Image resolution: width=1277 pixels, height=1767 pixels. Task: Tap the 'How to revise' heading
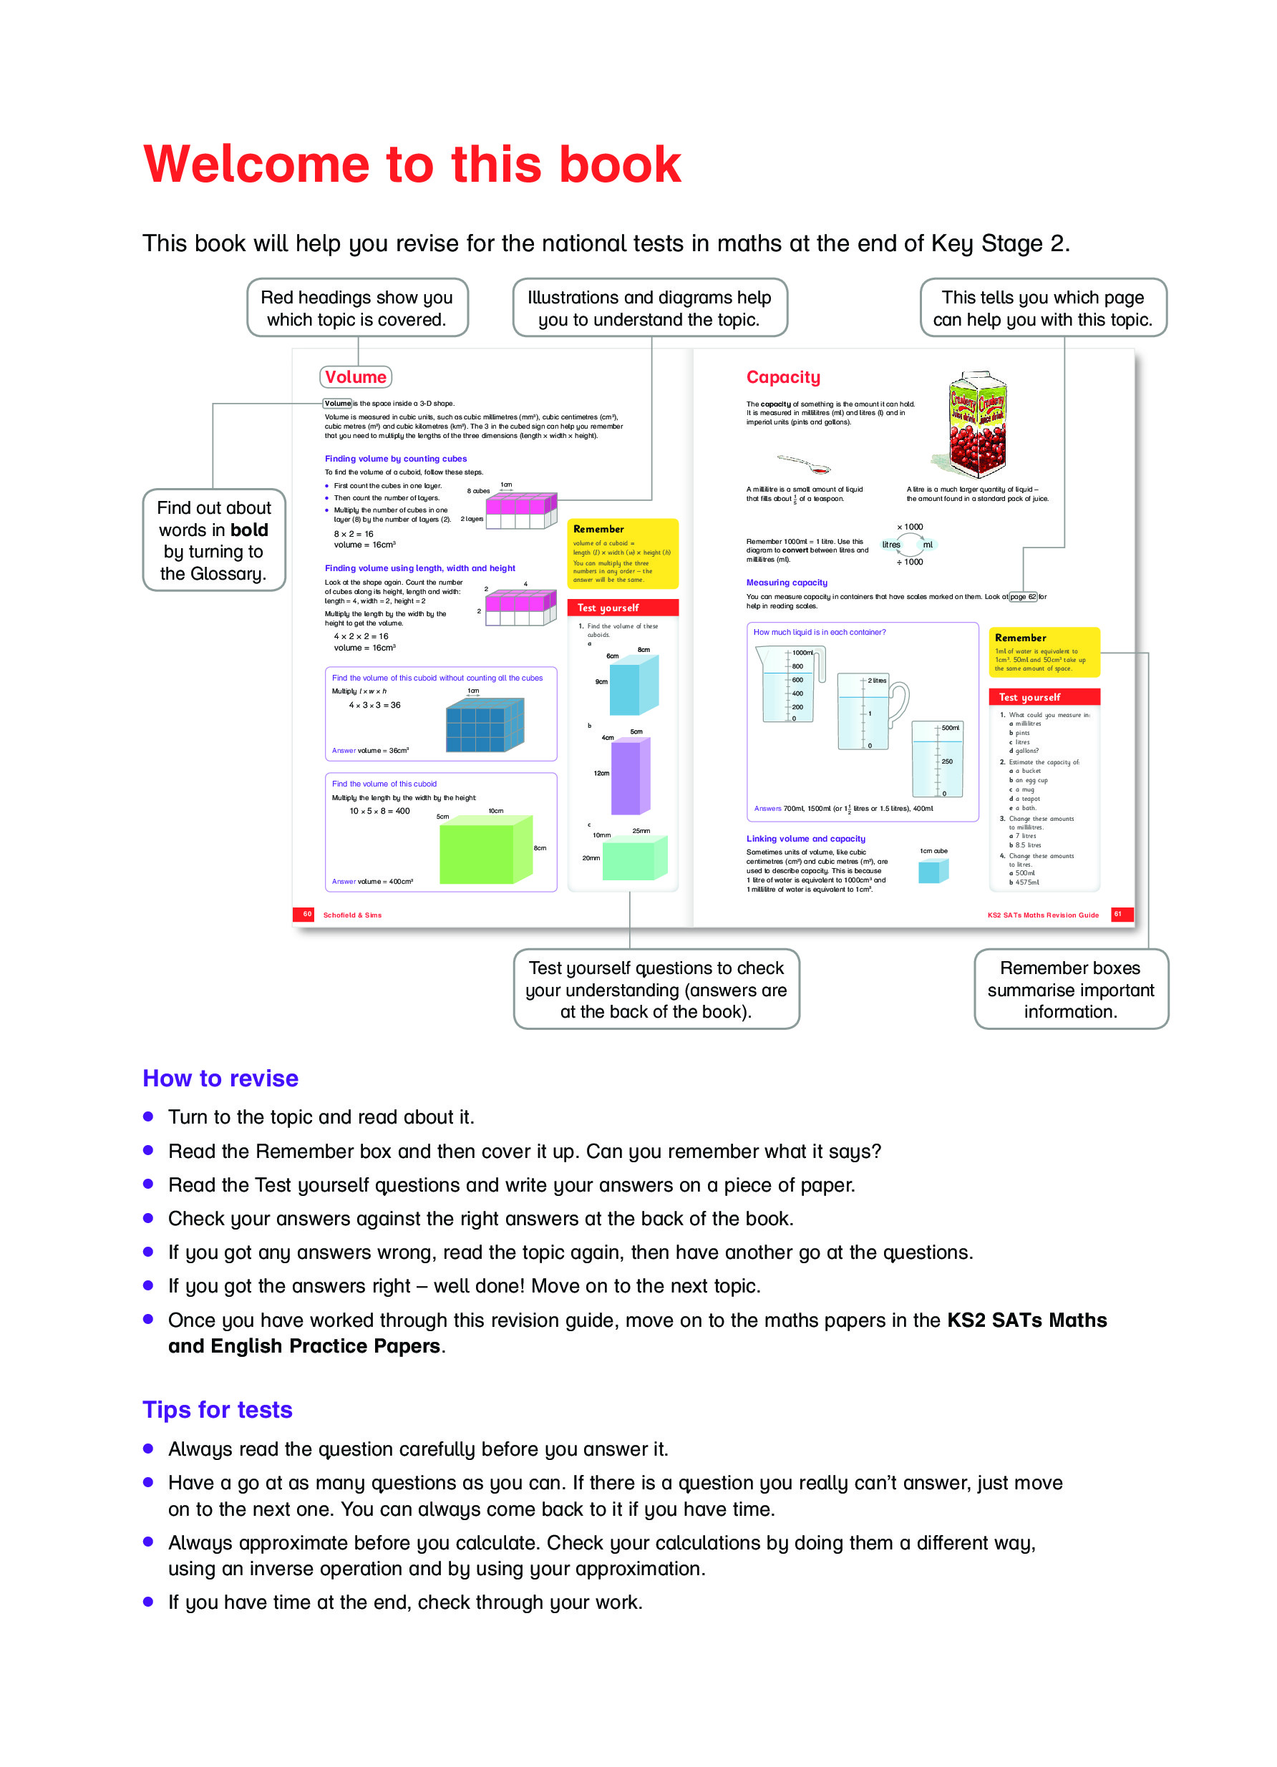pyautogui.click(x=220, y=1078)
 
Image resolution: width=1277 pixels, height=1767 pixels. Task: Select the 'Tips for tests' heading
pyautogui.click(x=218, y=1409)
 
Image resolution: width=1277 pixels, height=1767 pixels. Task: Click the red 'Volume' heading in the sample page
pyautogui.click(x=355, y=377)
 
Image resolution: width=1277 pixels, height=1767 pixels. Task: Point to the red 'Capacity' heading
pyautogui.click(x=782, y=377)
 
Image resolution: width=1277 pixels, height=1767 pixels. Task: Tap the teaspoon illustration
pyautogui.click(x=803, y=464)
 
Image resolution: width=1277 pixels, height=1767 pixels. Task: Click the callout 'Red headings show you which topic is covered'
pyautogui.click(x=357, y=308)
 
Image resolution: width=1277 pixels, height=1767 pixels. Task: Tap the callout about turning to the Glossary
pyautogui.click(x=213, y=540)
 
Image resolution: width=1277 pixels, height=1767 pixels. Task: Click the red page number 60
pyautogui.click(x=306, y=914)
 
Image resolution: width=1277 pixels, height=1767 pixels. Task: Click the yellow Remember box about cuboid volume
pyautogui.click(x=622, y=553)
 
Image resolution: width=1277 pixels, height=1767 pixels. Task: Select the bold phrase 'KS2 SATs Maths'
pyautogui.click(x=1026, y=1320)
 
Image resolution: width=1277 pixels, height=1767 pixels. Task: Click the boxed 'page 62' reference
pyautogui.click(x=1022, y=597)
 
